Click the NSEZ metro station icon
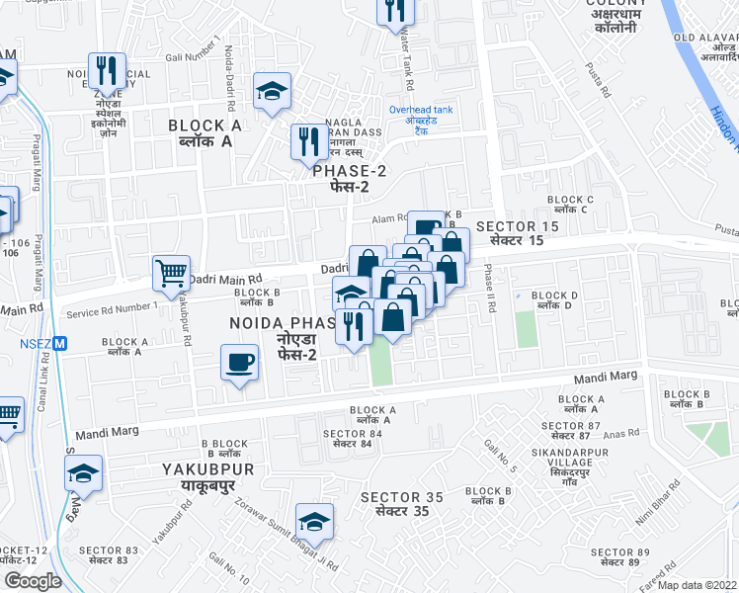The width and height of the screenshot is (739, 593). coord(60,344)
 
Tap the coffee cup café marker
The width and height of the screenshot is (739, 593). coord(239,364)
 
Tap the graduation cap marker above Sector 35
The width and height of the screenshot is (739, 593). coord(314,520)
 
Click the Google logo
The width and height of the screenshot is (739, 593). coord(33,580)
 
